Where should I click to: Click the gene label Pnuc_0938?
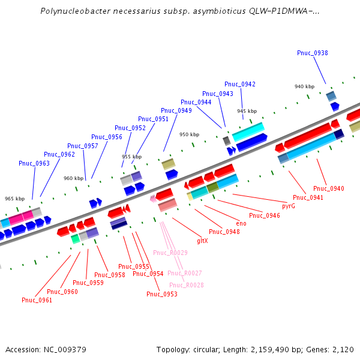(312, 53)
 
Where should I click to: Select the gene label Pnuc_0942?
(240, 84)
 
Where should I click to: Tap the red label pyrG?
(288, 206)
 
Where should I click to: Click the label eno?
(241, 223)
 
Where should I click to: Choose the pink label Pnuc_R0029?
(170, 253)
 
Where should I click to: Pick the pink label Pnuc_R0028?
(186, 285)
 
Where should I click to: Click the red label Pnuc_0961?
(37, 300)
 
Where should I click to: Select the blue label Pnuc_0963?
(34, 163)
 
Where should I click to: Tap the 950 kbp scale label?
(189, 134)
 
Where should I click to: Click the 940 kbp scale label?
(304, 86)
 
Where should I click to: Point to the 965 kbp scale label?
(15, 199)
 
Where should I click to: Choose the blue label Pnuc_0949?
(176, 110)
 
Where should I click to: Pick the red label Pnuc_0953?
(162, 294)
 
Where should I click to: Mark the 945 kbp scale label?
(247, 111)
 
